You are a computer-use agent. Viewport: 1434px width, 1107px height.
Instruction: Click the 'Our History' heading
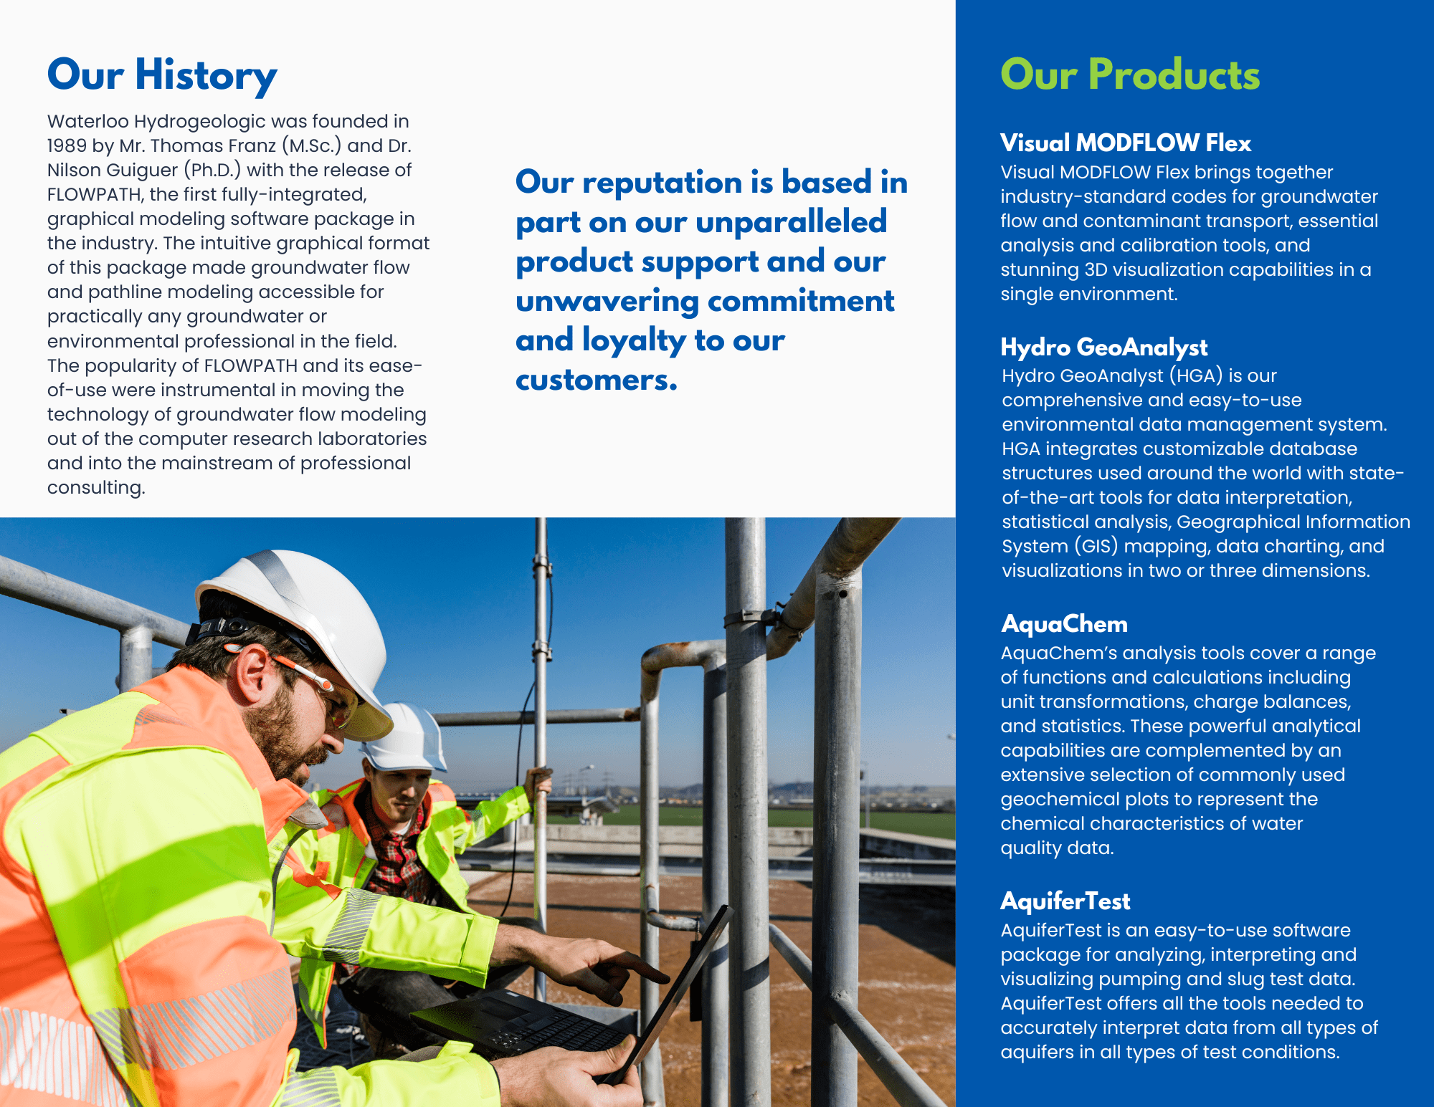162,75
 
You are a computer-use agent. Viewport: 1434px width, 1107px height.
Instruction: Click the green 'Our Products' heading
1130,75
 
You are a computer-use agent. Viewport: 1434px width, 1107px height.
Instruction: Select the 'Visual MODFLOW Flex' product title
1126,143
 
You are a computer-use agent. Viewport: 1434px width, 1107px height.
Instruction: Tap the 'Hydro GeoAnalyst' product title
1104,348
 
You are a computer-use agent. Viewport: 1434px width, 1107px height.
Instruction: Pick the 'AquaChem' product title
1065,624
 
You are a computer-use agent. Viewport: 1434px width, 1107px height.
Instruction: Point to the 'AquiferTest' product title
1065,901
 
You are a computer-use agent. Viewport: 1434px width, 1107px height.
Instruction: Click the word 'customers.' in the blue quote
597,380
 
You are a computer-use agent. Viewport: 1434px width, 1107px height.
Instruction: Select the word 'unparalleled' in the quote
792,222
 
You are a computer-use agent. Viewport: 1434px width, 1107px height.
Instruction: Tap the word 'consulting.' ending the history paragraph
96,488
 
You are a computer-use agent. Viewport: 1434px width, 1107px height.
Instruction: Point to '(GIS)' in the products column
1096,547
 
